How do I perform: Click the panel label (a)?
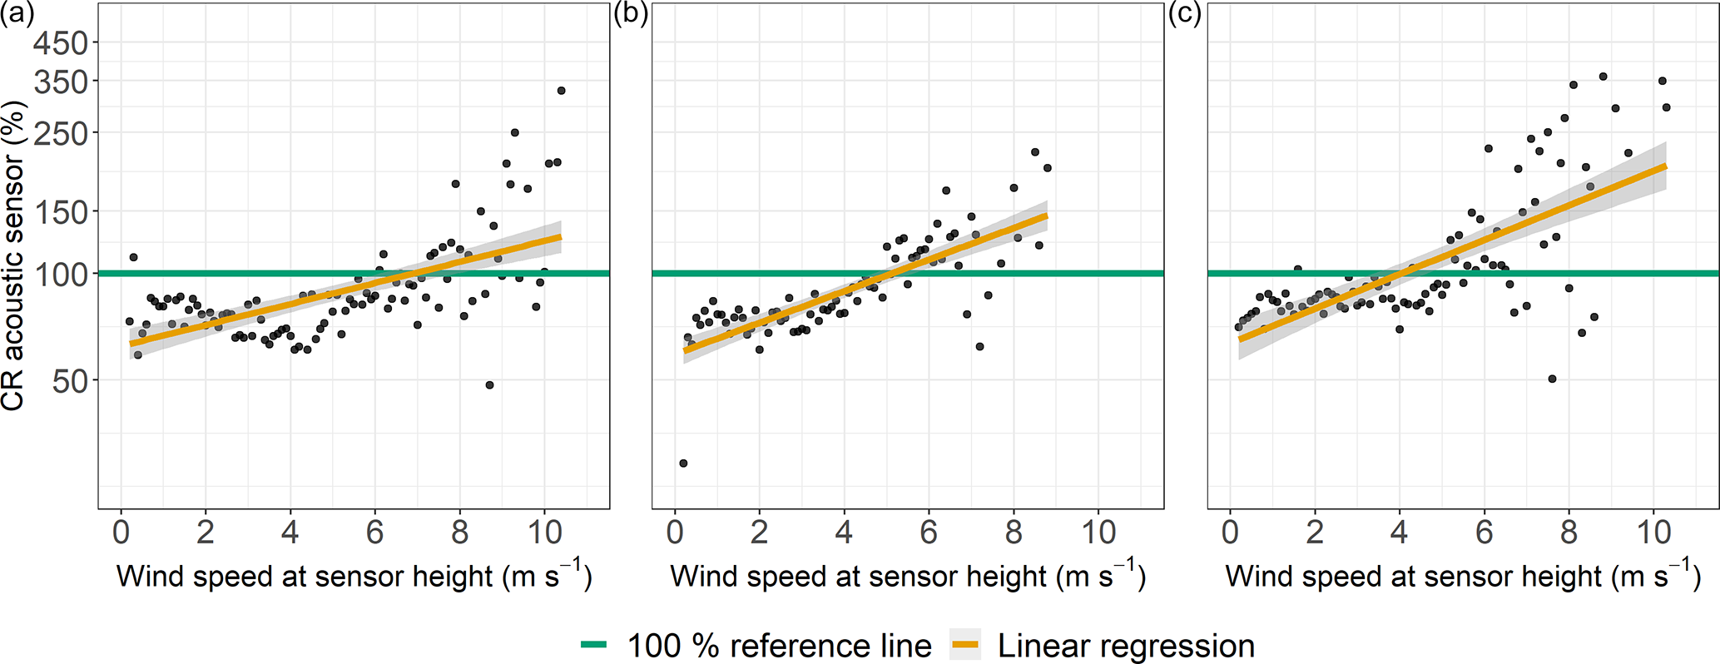click(x=17, y=14)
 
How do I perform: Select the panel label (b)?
click(x=630, y=14)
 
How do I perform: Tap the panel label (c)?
click(x=1185, y=14)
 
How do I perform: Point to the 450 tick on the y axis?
click(x=60, y=42)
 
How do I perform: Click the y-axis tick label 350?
click(x=60, y=82)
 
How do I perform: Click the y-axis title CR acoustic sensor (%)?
click(x=14, y=255)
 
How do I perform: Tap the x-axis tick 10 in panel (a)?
click(x=545, y=533)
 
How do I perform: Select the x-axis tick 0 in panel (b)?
click(x=675, y=533)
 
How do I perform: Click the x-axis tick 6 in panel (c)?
click(x=1485, y=533)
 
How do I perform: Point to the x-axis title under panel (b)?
click(x=908, y=576)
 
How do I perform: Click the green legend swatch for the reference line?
click(x=594, y=645)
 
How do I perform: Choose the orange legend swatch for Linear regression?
click(x=965, y=645)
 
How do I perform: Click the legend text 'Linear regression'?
click(x=1126, y=646)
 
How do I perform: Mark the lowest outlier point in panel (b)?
click(x=683, y=463)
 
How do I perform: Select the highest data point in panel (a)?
click(x=561, y=91)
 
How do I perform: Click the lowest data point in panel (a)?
click(x=489, y=385)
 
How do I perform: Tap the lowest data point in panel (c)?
click(x=1552, y=379)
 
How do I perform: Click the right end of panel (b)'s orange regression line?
click(x=1046, y=216)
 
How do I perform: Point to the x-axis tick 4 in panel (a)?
click(x=290, y=533)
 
